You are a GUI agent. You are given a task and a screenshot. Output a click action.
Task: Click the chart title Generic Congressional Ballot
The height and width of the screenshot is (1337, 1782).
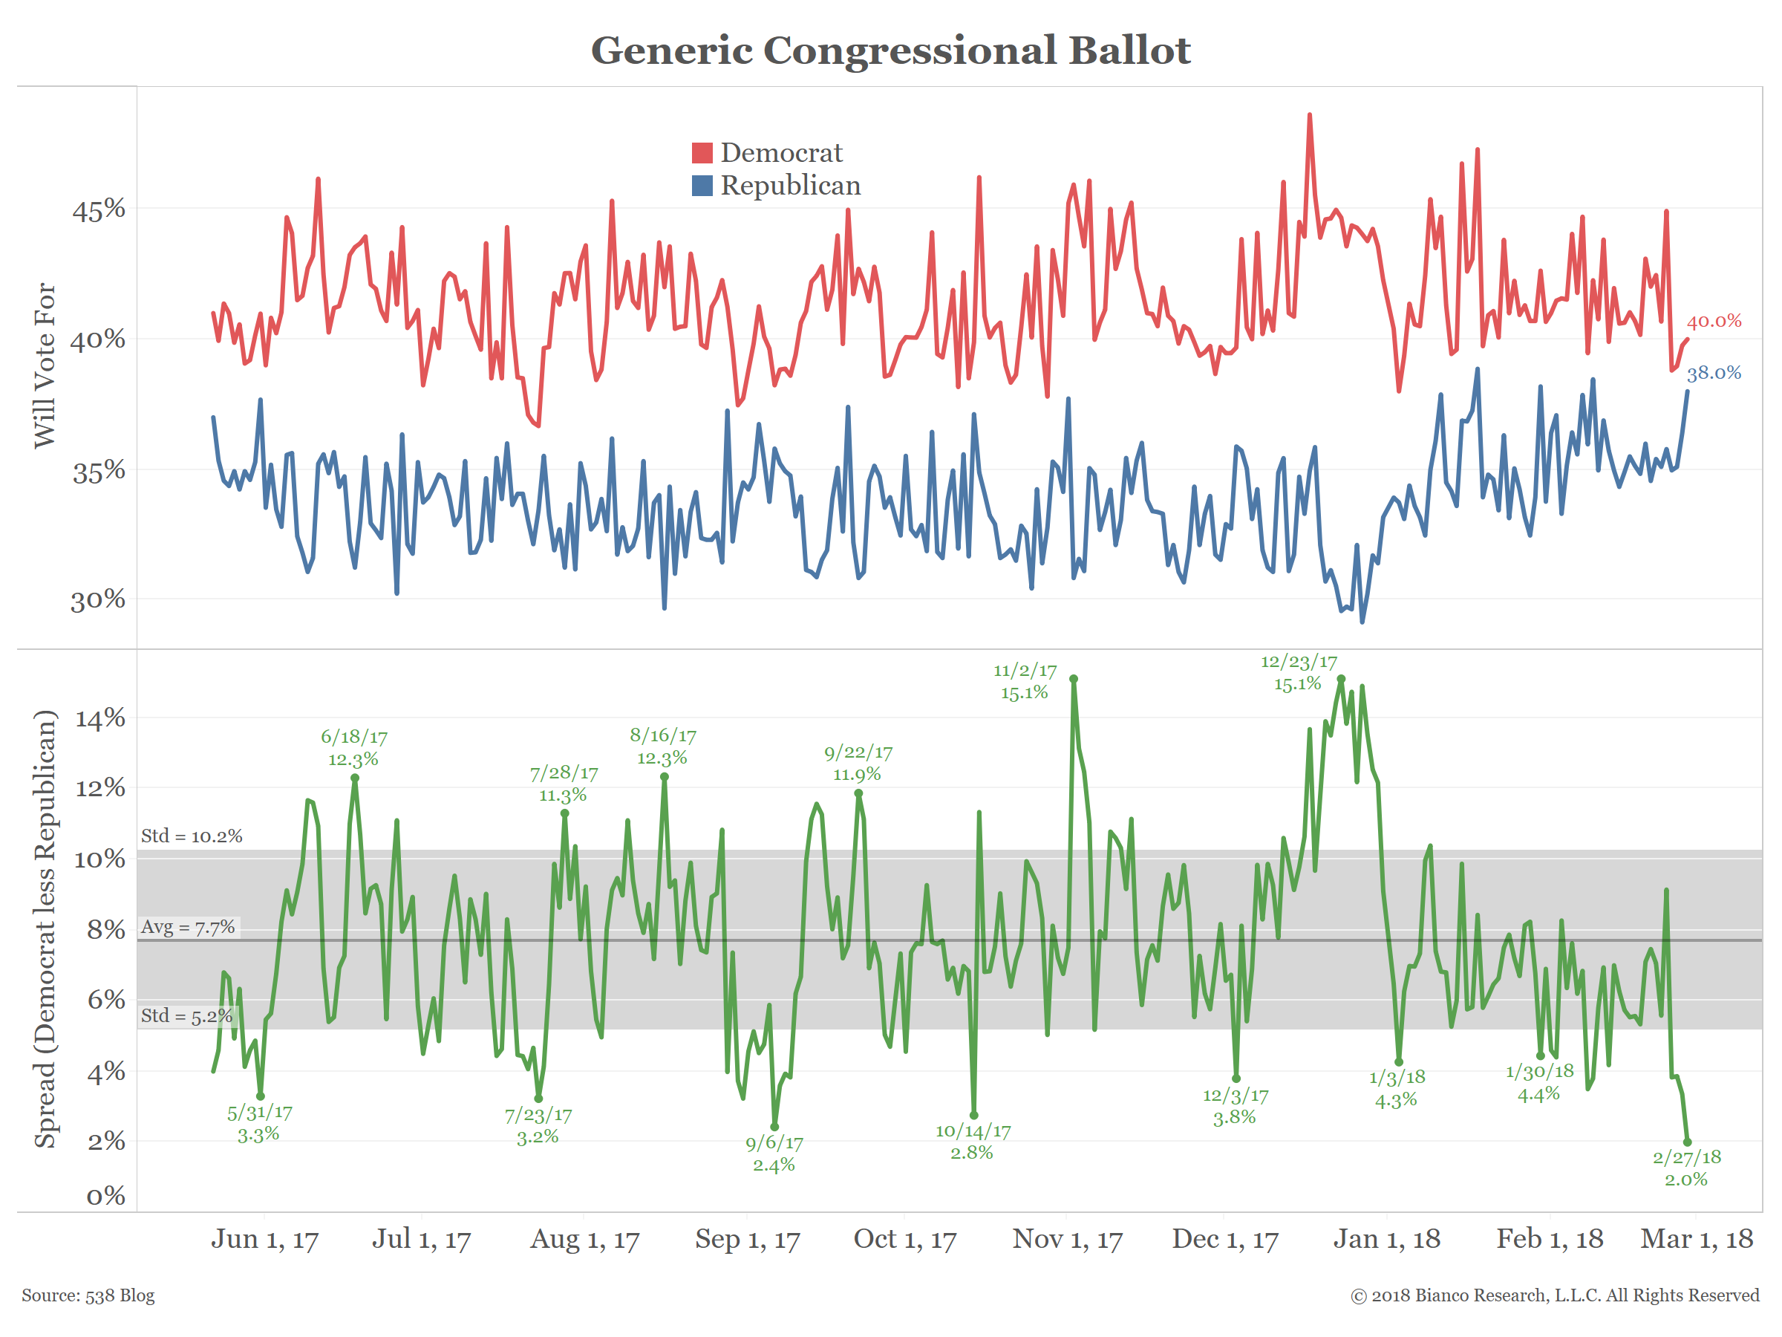tap(890, 50)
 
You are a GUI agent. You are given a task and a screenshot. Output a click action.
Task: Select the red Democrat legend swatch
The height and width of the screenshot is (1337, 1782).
tap(702, 152)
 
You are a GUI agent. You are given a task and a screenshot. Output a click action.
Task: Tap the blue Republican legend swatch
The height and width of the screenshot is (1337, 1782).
tap(702, 186)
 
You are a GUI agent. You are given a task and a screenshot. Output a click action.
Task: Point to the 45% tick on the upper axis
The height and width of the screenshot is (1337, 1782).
tap(98, 209)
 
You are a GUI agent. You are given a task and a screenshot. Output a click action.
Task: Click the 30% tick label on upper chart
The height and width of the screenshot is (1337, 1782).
tap(98, 599)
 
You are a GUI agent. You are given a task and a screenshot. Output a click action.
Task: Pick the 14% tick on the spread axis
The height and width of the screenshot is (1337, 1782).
tap(100, 718)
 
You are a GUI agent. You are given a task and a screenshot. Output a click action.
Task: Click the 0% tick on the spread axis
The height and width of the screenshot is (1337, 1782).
tap(105, 1195)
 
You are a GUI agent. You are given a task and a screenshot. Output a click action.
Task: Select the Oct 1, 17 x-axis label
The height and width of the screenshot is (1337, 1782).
tap(904, 1239)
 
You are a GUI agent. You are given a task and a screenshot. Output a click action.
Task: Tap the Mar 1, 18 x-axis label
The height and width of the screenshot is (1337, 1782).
tap(1697, 1239)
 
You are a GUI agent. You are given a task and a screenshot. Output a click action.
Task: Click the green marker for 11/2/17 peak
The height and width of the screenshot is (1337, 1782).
tap(1073, 680)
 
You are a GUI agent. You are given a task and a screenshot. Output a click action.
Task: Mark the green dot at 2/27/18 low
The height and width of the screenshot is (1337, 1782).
tap(1687, 1142)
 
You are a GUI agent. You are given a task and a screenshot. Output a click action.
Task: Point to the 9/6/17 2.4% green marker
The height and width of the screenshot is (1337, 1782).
tap(774, 1127)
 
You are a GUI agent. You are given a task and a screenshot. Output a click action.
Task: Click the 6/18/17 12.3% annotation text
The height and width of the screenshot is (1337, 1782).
tap(353, 748)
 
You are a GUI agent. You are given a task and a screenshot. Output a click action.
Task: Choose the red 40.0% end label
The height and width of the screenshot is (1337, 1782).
tap(1714, 321)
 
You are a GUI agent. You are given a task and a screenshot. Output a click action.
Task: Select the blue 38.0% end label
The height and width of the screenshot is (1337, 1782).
tap(1714, 372)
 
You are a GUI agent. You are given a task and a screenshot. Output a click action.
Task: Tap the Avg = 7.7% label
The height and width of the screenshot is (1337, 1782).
tap(188, 927)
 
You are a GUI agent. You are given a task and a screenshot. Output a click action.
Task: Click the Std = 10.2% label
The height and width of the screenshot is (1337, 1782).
tap(192, 836)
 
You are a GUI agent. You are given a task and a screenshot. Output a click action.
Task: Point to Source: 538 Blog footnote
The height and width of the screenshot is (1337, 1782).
tap(88, 1295)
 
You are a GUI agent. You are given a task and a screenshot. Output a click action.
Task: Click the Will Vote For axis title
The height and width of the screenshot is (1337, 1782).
tap(45, 365)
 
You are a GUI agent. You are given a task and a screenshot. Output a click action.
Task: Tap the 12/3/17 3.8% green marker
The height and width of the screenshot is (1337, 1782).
tap(1236, 1079)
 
